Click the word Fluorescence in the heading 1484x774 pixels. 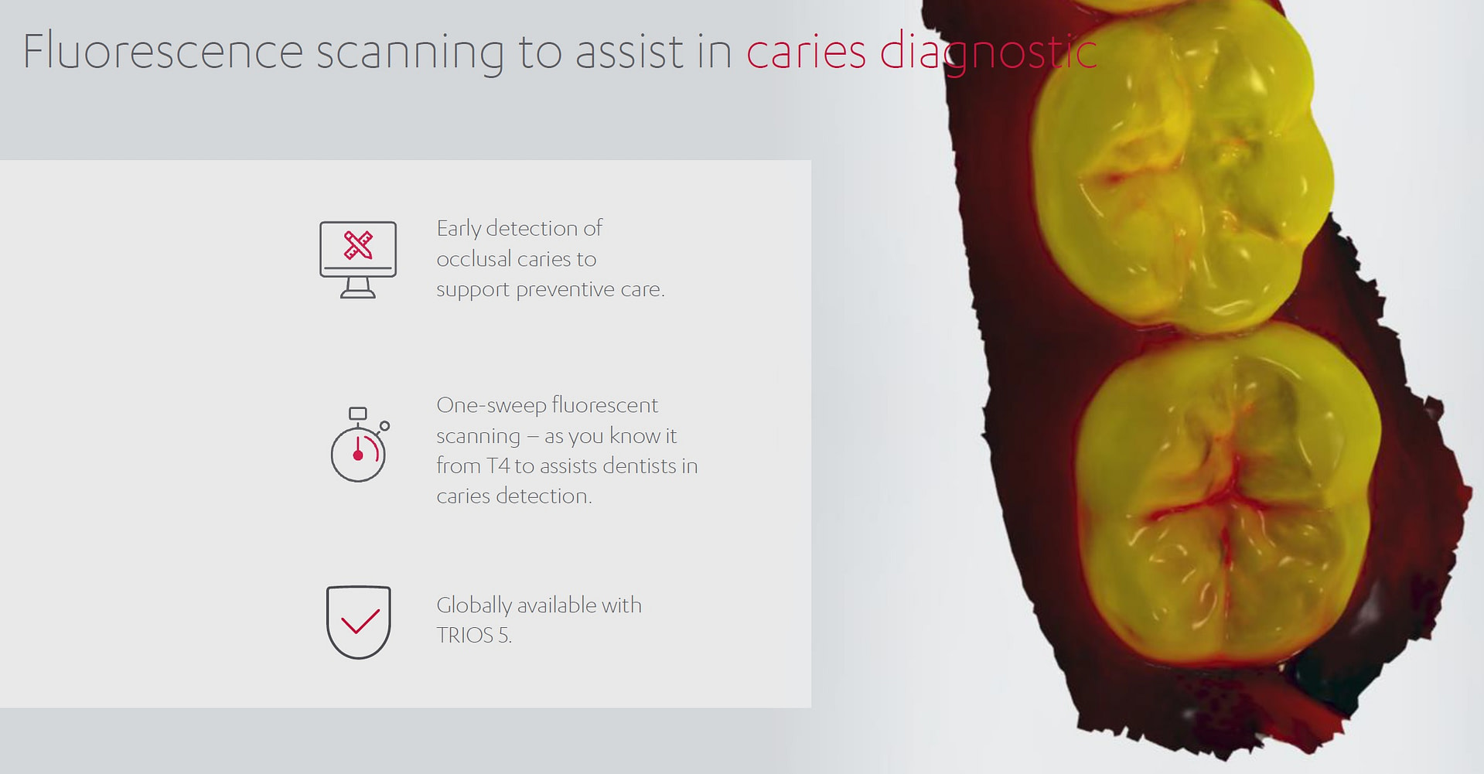coord(162,51)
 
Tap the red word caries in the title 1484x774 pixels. coord(806,51)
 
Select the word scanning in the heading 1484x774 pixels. coord(410,53)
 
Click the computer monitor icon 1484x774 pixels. coord(358,259)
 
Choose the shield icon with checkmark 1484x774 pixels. coord(358,622)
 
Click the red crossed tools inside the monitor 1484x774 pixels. coord(358,246)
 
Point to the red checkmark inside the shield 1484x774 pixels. coord(360,621)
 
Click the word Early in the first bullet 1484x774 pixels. coord(459,229)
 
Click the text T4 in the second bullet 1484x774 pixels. coord(498,465)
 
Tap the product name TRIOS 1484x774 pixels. coord(464,636)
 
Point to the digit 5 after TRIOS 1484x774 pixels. coord(503,636)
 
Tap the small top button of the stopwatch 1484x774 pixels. coord(357,413)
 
